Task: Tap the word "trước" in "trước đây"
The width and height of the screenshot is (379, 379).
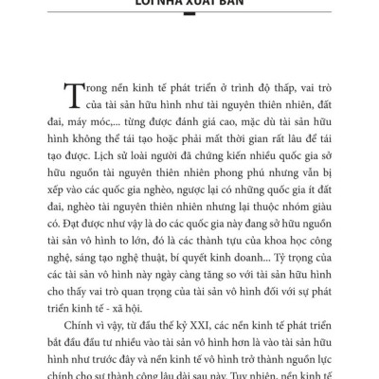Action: (x=103, y=372)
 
